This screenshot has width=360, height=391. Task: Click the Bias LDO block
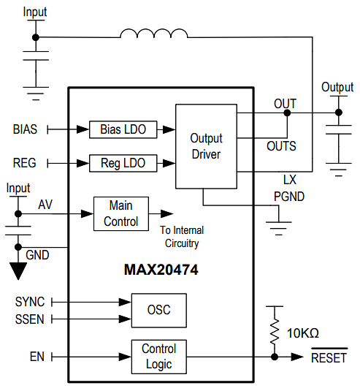pyautogui.click(x=123, y=129)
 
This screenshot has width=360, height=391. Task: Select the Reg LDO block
pyautogui.click(x=123, y=163)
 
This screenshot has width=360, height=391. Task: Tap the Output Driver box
pyautogui.click(x=206, y=146)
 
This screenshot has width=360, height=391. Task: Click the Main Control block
pyautogui.click(x=120, y=213)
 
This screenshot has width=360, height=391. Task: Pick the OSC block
pyautogui.click(x=158, y=310)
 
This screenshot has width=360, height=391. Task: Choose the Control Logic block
pyautogui.click(x=158, y=356)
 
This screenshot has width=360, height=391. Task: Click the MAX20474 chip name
pyautogui.click(x=161, y=270)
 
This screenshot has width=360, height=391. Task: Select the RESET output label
pyautogui.click(x=329, y=358)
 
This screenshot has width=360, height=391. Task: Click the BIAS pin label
pyautogui.click(x=26, y=129)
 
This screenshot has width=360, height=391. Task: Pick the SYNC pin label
pyautogui.click(x=29, y=301)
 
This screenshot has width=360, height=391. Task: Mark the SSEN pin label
pyautogui.click(x=29, y=319)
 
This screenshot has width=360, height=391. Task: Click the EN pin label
pyautogui.click(x=37, y=357)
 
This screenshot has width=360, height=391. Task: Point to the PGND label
pyautogui.click(x=289, y=196)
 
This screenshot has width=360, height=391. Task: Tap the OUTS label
pyautogui.click(x=281, y=146)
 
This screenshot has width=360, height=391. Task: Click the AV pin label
pyautogui.click(x=45, y=205)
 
